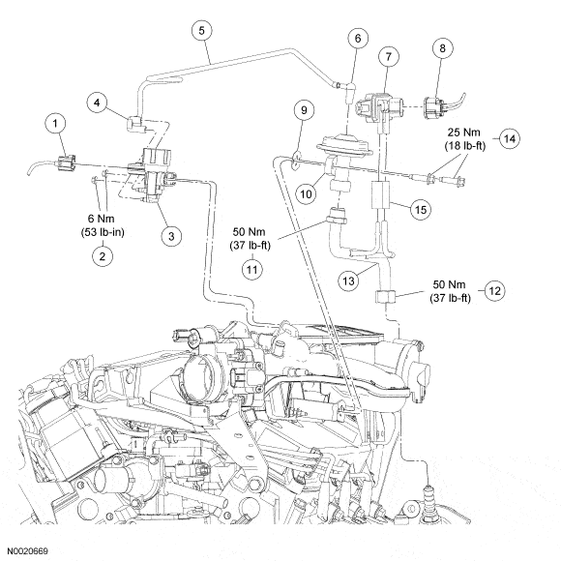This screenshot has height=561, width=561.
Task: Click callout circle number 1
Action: click(x=55, y=124)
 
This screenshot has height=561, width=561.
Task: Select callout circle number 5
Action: click(x=202, y=31)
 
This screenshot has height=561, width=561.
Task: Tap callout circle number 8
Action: click(x=443, y=48)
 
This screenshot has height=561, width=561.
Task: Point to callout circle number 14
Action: click(x=510, y=138)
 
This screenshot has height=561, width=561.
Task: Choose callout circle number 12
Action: click(x=494, y=290)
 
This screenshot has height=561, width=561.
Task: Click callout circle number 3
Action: click(x=171, y=236)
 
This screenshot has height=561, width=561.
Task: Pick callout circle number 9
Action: click(x=304, y=110)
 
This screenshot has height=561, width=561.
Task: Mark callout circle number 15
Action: click(x=421, y=209)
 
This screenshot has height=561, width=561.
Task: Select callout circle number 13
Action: click(x=348, y=280)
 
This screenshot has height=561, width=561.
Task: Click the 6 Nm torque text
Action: click(x=102, y=218)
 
